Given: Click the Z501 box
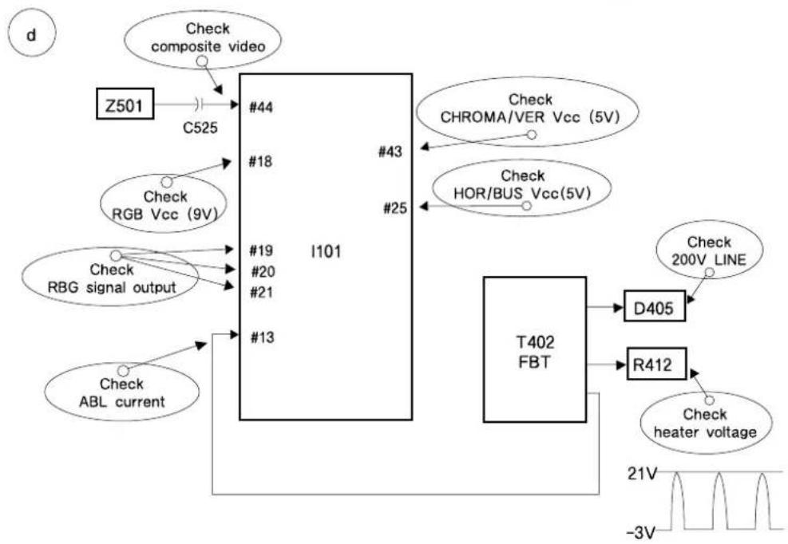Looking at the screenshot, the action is pyautogui.click(x=125, y=104).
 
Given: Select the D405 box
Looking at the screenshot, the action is pyautogui.click(x=655, y=306).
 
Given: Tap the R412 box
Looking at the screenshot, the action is pyautogui.click(x=656, y=364).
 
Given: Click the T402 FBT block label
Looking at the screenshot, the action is pyautogui.click(x=535, y=352).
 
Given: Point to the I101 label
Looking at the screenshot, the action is pyautogui.click(x=326, y=250).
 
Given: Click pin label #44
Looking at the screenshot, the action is pyautogui.click(x=261, y=107).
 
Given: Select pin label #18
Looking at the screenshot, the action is pyautogui.click(x=260, y=161).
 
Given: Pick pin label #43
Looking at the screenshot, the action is pyautogui.click(x=390, y=152).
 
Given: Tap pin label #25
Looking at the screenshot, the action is pyautogui.click(x=395, y=207).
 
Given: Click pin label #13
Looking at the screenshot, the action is pyautogui.click(x=263, y=337).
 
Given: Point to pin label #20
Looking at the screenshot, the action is pyautogui.click(x=263, y=272).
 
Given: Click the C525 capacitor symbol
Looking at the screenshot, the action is pyautogui.click(x=199, y=104).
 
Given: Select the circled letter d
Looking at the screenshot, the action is pyautogui.click(x=32, y=35).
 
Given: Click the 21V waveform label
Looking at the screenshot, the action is pyautogui.click(x=642, y=473).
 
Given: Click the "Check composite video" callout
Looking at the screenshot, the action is pyautogui.click(x=203, y=40).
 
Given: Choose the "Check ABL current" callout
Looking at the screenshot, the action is pyautogui.click(x=121, y=392).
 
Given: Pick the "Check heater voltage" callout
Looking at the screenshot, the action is pyautogui.click(x=705, y=423).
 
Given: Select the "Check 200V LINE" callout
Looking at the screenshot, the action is pyautogui.click(x=710, y=250).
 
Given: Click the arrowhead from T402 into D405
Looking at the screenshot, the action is pyautogui.click(x=619, y=307).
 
